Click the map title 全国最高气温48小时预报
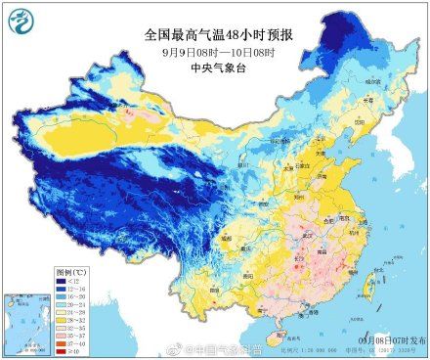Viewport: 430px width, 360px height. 214,34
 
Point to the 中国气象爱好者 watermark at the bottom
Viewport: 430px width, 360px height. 210,347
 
